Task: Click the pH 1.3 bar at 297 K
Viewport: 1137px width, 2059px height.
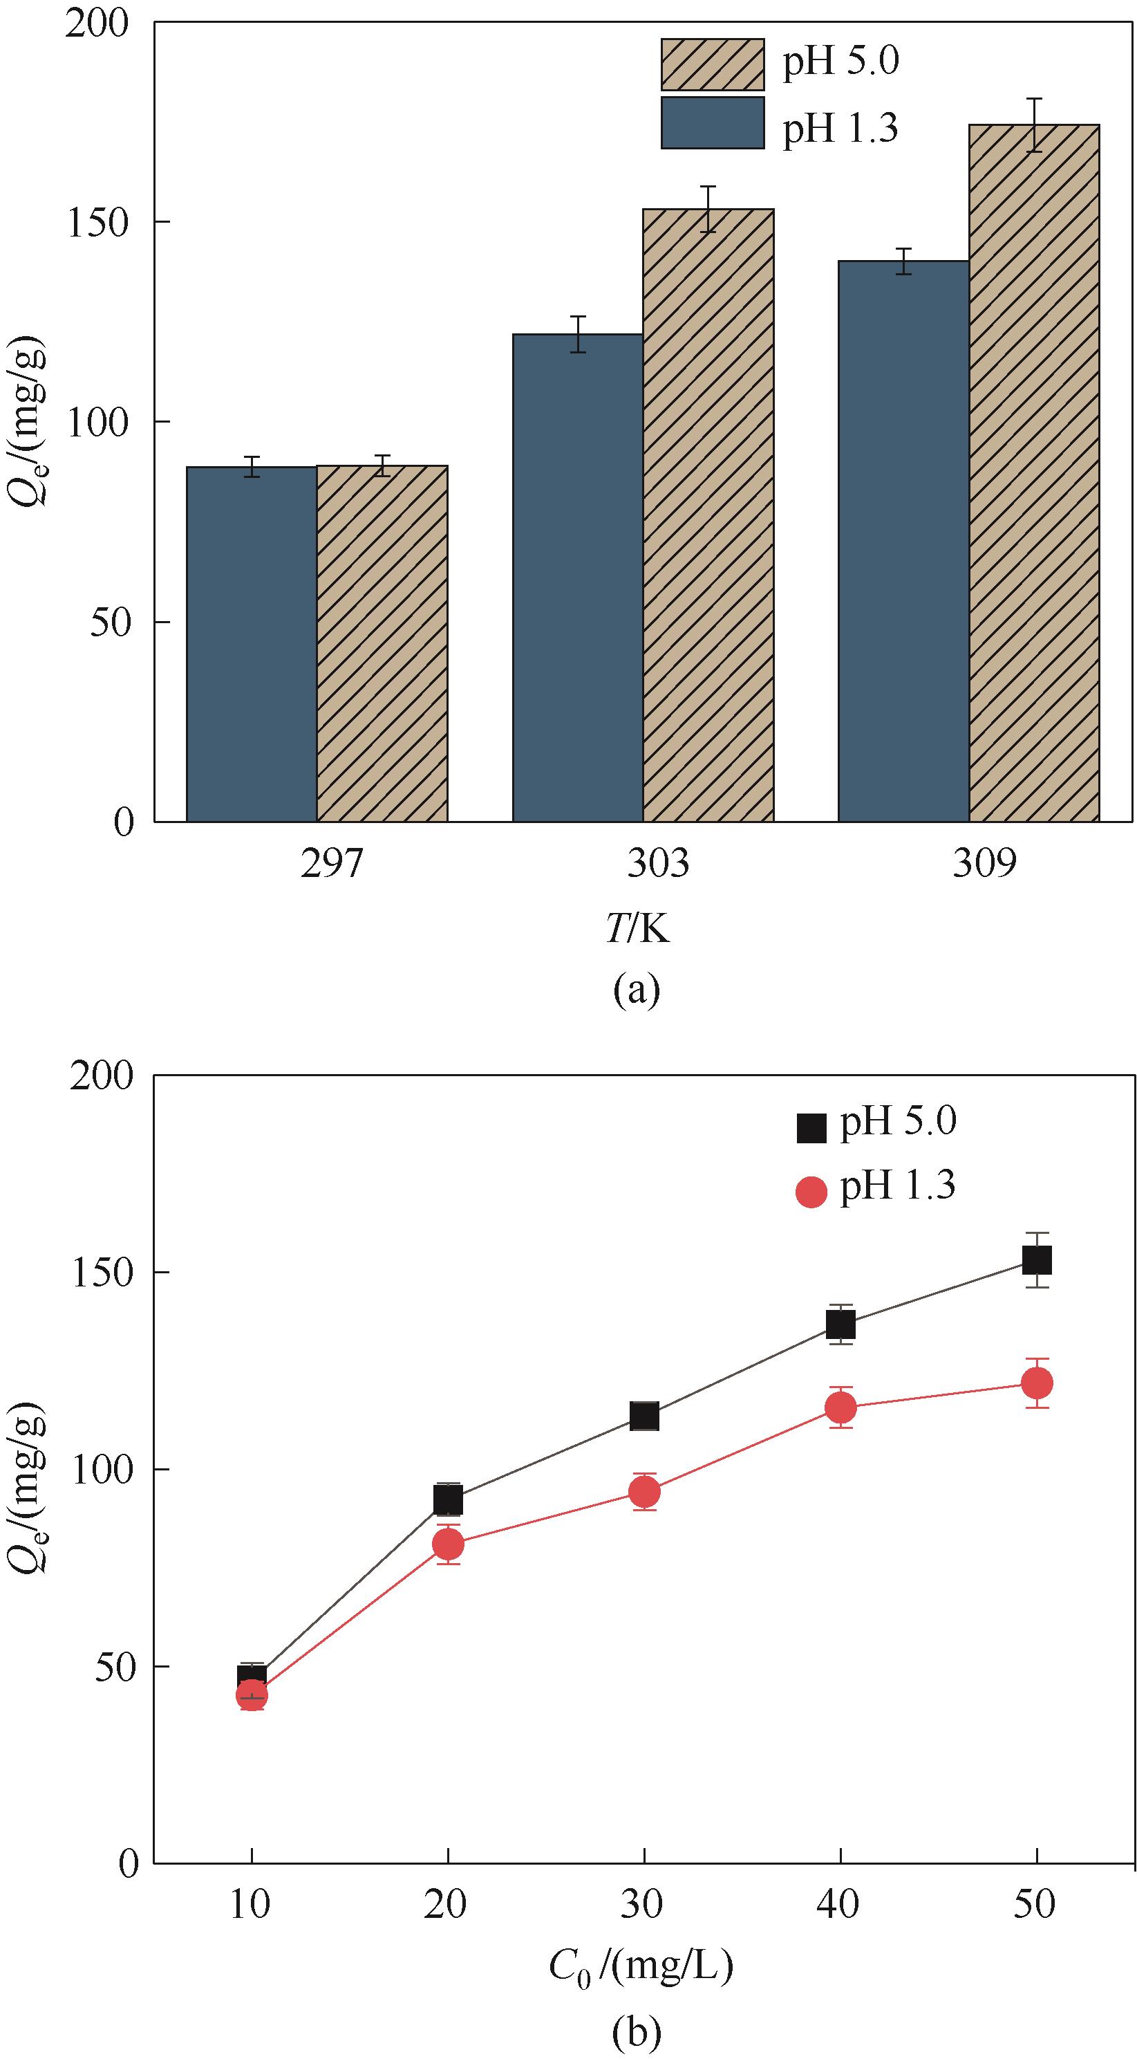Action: click(x=252, y=643)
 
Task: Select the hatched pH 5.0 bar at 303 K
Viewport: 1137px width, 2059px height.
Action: click(x=708, y=515)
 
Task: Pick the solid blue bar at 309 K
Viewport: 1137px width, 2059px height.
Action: click(x=903, y=541)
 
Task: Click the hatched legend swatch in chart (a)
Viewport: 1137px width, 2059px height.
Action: click(x=712, y=64)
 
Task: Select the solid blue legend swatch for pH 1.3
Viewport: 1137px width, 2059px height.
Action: click(x=712, y=123)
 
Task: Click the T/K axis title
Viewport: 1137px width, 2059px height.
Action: click(x=637, y=930)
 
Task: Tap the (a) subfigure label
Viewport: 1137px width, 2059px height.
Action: click(x=637, y=990)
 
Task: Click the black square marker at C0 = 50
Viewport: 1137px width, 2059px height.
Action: click(x=1036, y=1260)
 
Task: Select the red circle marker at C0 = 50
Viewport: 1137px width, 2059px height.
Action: click(x=1037, y=1383)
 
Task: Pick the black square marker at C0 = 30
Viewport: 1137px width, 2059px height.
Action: click(x=644, y=1416)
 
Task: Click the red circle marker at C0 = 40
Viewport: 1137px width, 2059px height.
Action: click(x=840, y=1407)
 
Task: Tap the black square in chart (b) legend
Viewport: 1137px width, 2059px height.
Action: click(x=811, y=1129)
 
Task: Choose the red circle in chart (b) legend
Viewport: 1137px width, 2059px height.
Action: click(x=811, y=1192)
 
